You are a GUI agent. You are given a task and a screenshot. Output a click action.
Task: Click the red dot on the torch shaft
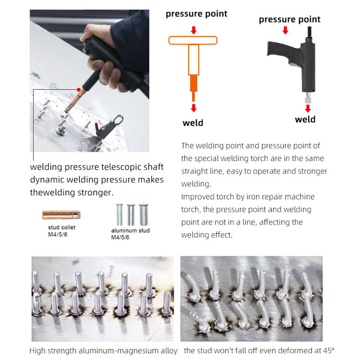79,90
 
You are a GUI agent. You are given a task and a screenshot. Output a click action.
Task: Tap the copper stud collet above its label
61,215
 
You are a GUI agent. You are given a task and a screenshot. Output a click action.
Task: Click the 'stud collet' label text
61,228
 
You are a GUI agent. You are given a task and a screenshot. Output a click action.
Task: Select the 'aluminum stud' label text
130,230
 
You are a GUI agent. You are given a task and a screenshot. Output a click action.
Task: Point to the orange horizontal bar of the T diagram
193,40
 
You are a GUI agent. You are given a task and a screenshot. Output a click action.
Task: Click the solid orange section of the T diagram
193,84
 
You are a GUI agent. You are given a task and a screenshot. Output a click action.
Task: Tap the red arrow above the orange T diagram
194,30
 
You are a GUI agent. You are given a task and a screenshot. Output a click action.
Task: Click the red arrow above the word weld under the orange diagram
194,108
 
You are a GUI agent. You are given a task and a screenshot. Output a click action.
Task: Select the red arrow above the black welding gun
286,30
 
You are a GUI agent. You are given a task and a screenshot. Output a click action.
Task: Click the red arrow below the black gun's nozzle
308,108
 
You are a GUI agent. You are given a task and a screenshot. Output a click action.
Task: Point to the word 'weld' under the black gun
305,120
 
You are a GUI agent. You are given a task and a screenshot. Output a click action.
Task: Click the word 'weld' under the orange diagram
193,123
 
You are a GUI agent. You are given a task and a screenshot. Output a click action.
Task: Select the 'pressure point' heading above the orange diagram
196,14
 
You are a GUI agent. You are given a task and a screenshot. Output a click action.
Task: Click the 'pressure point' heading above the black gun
289,20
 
